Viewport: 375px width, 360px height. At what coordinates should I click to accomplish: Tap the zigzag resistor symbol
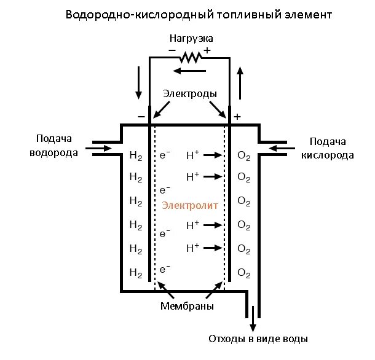(191, 57)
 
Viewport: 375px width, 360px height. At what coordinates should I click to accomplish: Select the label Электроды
(190, 94)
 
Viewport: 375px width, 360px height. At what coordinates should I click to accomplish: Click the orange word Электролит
(190, 206)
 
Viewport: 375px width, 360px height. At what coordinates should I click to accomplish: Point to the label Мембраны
(190, 305)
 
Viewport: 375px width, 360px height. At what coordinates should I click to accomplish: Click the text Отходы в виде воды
(258, 338)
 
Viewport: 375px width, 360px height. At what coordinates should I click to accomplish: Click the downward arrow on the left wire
(138, 87)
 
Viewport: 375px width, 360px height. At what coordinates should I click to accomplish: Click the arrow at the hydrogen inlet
(98, 148)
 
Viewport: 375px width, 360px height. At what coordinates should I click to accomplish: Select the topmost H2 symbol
(136, 156)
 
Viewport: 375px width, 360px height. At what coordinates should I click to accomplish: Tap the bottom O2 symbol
(243, 272)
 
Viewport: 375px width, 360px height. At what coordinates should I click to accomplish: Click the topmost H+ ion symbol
(192, 155)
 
